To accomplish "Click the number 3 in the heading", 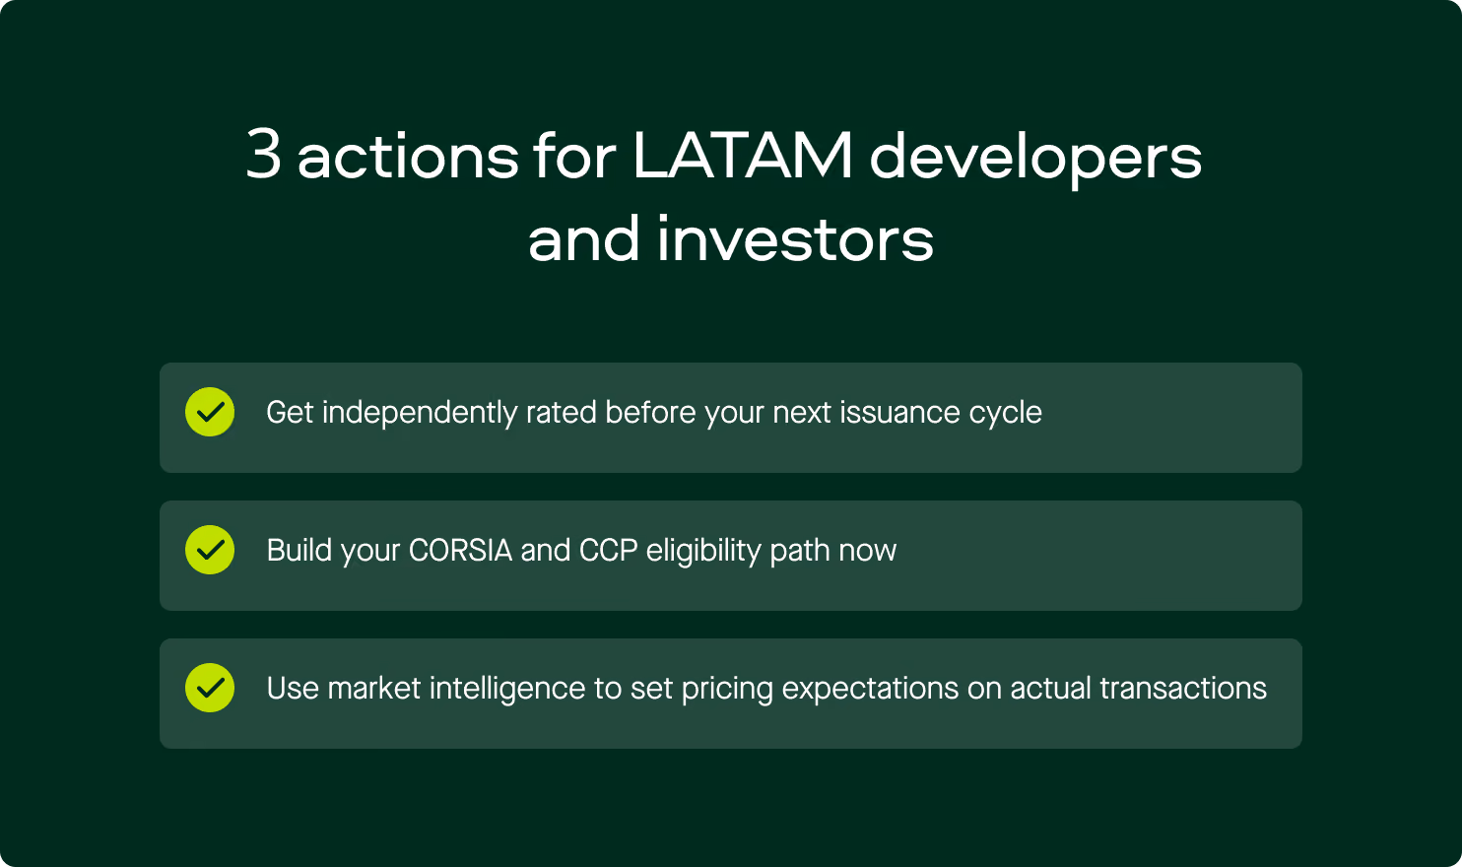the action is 264,154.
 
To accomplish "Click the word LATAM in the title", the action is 743,155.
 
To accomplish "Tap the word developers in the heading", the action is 1035,159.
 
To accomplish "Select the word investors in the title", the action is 796,239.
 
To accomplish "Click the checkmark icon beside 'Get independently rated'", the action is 210,412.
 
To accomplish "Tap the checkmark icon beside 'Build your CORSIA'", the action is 210,550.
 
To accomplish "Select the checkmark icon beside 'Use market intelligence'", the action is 210,688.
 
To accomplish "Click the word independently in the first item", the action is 420,413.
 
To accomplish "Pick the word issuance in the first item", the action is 899,412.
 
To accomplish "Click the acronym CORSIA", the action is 460,551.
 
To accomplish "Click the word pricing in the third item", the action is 727,689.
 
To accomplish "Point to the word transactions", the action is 1183,688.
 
